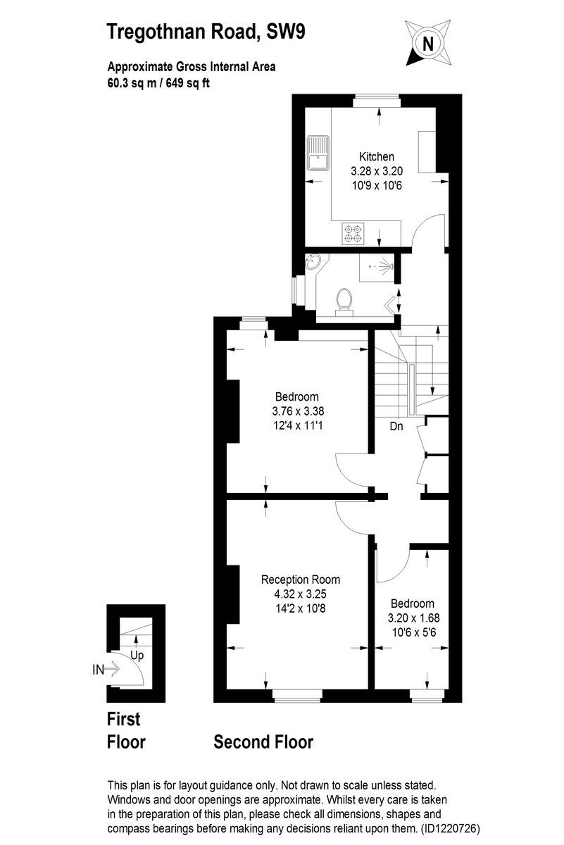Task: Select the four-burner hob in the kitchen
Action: tap(354, 233)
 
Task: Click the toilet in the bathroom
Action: tap(344, 299)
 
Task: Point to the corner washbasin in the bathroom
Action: tap(313, 264)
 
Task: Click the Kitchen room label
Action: tap(377, 156)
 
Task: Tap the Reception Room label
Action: tap(301, 580)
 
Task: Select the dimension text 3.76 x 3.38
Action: tap(297, 411)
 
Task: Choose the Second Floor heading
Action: tap(263, 741)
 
